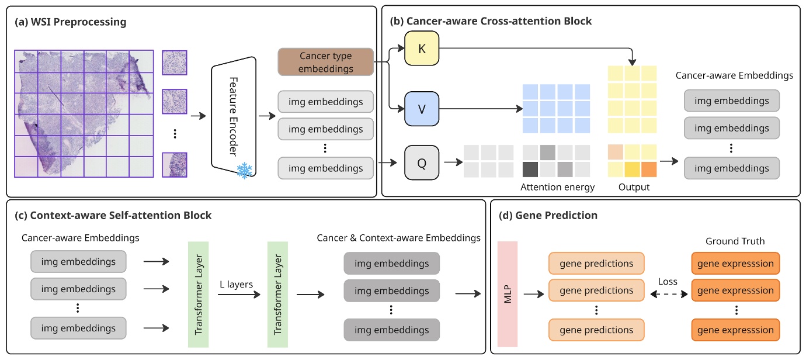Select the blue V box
421,109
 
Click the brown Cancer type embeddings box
325,62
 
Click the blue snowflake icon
244,171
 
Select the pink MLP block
508,290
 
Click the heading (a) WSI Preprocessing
71,22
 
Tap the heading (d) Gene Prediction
548,215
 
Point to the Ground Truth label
735,241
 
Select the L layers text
235,285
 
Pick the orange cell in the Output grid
648,169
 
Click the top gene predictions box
596,264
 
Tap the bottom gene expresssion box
735,330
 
